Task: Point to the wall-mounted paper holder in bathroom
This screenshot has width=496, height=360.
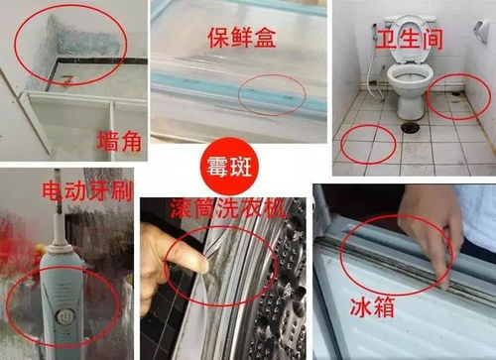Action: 481,31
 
